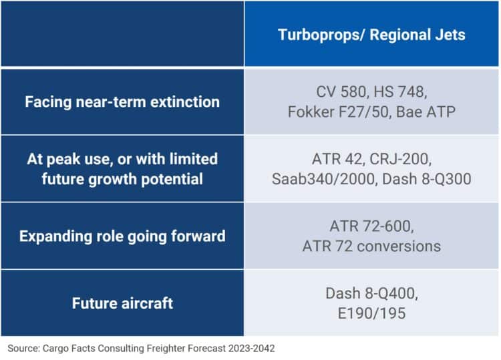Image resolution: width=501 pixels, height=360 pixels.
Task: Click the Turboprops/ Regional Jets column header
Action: [371, 35]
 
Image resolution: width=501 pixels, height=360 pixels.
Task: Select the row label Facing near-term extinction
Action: [122, 102]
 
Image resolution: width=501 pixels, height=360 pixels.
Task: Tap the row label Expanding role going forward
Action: [122, 236]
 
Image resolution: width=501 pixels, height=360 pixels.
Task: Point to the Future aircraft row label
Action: [122, 303]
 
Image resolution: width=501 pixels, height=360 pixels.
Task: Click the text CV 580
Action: [341, 92]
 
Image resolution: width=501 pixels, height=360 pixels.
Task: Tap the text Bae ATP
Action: [426, 112]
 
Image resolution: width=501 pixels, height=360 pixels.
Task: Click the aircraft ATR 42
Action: [338, 159]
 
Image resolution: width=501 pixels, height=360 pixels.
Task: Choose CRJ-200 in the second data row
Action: [400, 159]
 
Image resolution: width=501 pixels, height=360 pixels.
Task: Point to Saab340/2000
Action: [323, 179]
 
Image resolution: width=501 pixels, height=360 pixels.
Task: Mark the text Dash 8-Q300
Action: [427, 179]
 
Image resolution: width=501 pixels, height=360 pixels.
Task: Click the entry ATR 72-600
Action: [371, 226]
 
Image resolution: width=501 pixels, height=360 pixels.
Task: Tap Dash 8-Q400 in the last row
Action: [371, 293]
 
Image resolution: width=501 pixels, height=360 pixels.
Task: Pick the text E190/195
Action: [371, 313]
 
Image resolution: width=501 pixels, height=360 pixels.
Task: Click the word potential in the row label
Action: [172, 179]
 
